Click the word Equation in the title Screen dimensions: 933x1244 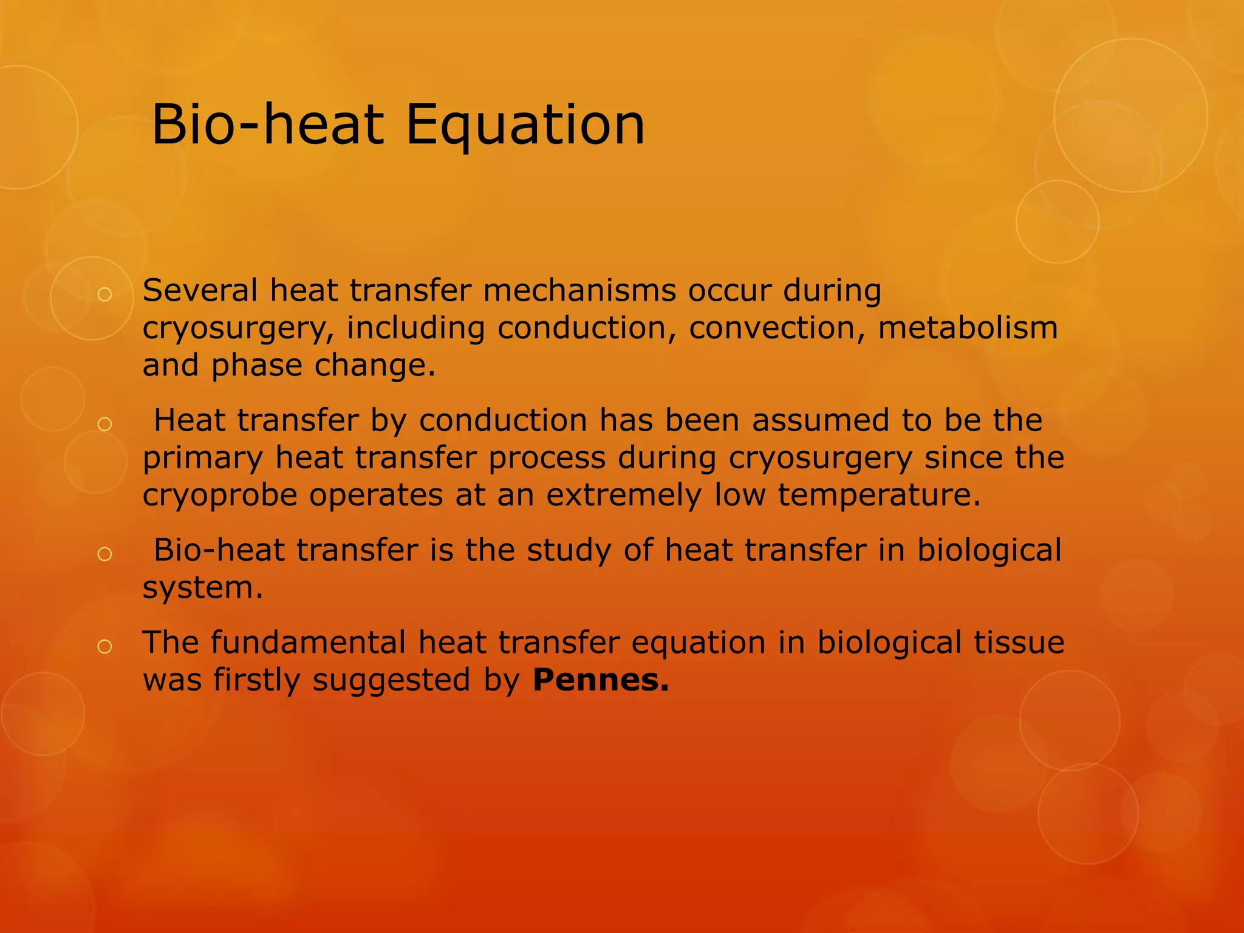[525, 126]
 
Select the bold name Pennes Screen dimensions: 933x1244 [600, 680]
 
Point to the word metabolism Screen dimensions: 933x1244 [968, 328]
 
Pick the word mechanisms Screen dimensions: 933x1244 [579, 290]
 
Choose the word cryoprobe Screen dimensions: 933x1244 [220, 496]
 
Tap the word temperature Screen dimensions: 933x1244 [879, 494]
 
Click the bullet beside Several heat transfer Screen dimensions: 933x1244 [104, 295]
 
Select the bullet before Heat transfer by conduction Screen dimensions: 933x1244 [104, 424]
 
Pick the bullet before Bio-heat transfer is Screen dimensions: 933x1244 [104, 553]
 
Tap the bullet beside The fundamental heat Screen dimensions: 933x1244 [104, 647]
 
